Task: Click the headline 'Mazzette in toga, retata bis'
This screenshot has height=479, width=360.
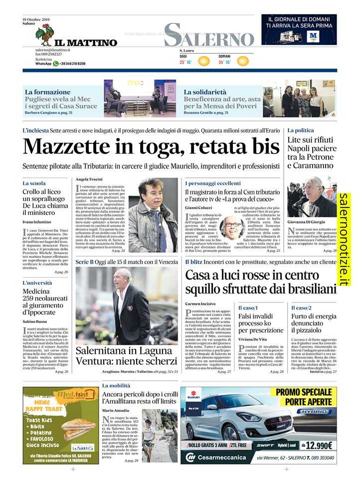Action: tap(152, 146)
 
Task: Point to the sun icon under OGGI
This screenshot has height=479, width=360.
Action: tap(203, 61)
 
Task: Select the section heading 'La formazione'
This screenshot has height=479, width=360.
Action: tap(48, 92)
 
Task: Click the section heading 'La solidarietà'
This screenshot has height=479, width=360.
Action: tap(205, 92)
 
